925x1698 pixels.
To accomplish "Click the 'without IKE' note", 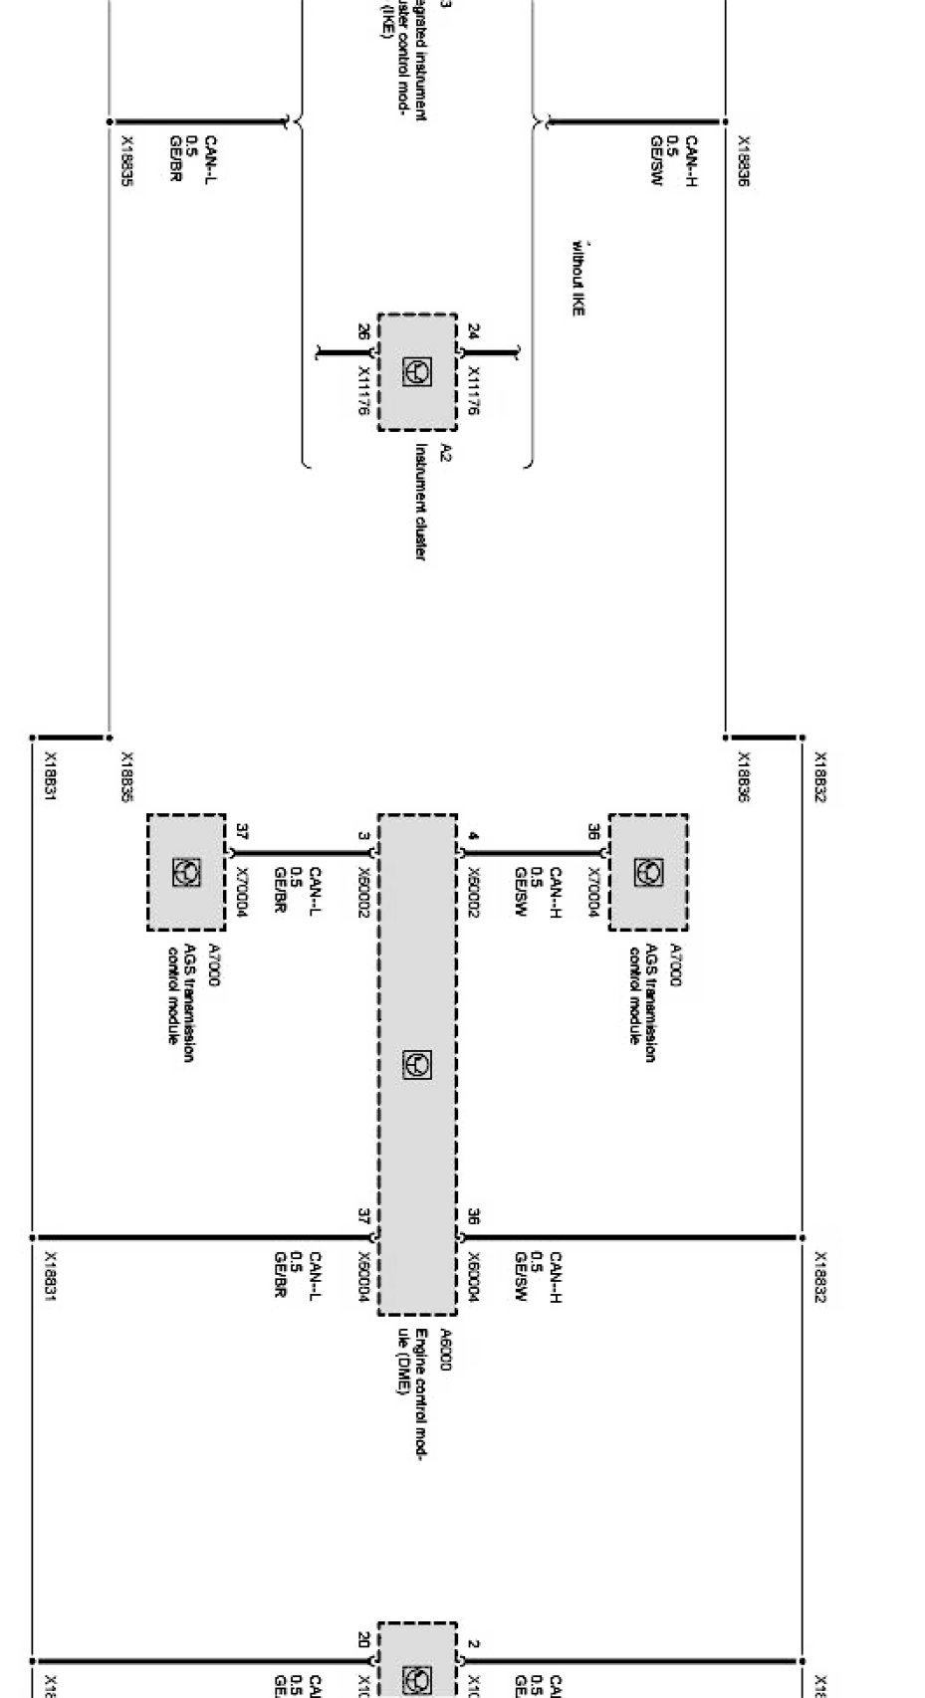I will pyautogui.click(x=577, y=278).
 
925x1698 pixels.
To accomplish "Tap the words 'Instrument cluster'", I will pyautogui.click(x=420, y=502).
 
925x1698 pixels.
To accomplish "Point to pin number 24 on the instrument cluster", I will pyautogui.click(x=473, y=331).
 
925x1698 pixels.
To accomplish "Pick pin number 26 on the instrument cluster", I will pyautogui.click(x=362, y=331).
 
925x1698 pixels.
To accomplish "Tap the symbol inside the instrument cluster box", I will pyautogui.click(x=417, y=372).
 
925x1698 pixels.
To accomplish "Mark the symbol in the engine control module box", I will pyautogui.click(x=417, y=1064).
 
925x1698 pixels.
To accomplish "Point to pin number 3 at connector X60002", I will pyautogui.click(x=363, y=835).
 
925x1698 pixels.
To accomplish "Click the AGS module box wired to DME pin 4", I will pyautogui.click(x=647, y=872).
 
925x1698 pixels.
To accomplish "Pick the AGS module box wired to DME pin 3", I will pyautogui.click(x=186, y=872).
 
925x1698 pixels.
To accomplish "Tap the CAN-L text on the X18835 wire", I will pyautogui.click(x=210, y=160).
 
